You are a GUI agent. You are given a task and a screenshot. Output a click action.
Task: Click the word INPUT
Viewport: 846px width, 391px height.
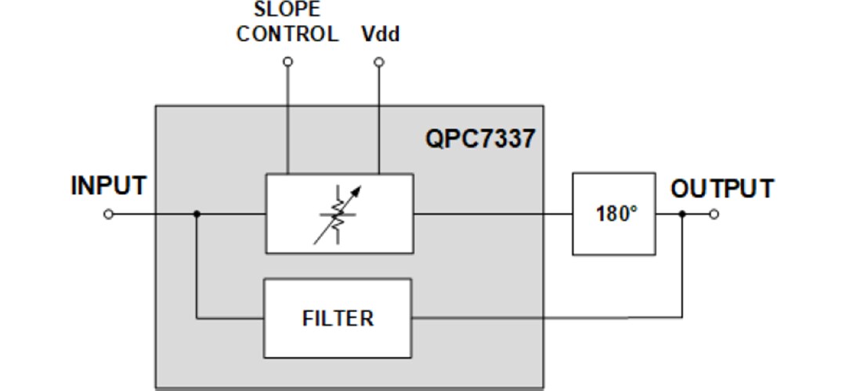coord(108,186)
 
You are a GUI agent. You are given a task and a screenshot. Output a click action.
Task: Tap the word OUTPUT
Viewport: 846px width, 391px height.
coord(721,189)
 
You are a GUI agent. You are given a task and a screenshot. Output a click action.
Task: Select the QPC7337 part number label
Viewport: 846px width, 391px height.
coord(480,139)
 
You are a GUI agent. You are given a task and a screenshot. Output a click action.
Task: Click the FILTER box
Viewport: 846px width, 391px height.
coord(338,318)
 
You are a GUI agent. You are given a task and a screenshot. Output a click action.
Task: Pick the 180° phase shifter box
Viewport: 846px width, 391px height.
coord(613,213)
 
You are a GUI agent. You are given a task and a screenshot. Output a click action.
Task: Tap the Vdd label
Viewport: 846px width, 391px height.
coord(381,35)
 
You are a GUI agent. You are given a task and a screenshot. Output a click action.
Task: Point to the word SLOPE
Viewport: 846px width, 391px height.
coord(287,10)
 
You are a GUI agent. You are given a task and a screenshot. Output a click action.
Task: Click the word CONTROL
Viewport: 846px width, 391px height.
coord(287,35)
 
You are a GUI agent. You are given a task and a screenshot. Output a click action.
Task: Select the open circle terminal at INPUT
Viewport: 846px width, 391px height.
coord(108,214)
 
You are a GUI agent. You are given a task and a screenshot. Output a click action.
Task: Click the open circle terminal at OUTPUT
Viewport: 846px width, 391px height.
coord(714,214)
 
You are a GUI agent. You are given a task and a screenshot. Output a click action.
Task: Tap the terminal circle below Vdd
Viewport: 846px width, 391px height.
coord(379,61)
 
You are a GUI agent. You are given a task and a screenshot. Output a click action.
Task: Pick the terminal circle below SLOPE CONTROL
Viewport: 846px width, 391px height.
coord(287,61)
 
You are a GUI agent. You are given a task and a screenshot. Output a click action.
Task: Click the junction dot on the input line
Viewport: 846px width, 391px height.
coord(197,214)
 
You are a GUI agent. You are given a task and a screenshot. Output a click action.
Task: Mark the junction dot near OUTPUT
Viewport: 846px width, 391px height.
coord(681,214)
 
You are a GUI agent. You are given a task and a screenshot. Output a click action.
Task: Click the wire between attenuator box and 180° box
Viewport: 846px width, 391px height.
coord(493,213)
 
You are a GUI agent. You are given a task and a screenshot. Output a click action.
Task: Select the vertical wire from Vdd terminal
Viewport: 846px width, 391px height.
coord(379,118)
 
